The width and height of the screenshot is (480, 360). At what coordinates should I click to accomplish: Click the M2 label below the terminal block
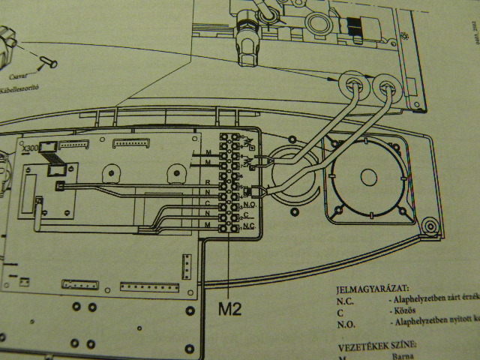click(x=230, y=307)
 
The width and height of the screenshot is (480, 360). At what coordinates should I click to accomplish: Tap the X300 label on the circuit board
click(x=31, y=148)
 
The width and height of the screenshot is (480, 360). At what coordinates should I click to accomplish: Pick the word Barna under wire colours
click(x=401, y=358)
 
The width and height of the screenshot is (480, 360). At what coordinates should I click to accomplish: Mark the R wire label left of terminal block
click(x=208, y=181)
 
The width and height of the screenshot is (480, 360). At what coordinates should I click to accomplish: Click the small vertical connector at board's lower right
click(x=187, y=264)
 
